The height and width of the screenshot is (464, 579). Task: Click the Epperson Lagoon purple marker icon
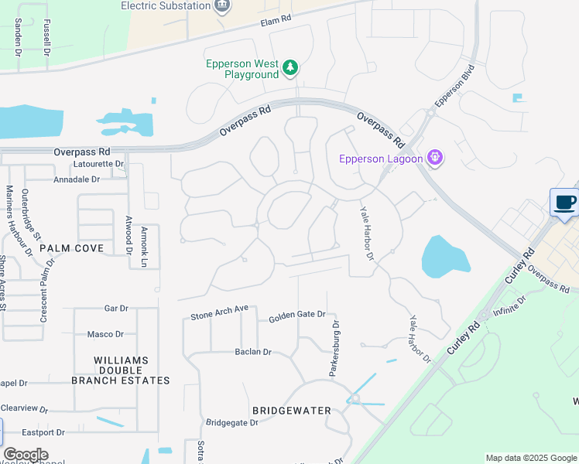click(x=435, y=159)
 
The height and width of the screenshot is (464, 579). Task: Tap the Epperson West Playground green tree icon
click(x=290, y=69)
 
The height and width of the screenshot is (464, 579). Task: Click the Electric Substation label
click(x=166, y=6)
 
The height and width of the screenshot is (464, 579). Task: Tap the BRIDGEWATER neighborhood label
click(x=291, y=411)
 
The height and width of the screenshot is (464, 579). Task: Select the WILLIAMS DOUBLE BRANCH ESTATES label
click(x=120, y=370)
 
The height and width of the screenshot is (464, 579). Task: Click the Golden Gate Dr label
click(x=297, y=318)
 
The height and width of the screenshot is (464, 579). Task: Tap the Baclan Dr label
click(x=253, y=352)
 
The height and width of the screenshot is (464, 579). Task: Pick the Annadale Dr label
click(x=77, y=179)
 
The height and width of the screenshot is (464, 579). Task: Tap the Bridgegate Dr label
click(x=231, y=423)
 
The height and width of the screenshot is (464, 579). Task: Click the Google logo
click(x=25, y=455)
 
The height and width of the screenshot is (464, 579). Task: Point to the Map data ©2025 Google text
click(x=530, y=458)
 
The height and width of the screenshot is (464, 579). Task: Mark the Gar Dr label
click(x=115, y=308)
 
